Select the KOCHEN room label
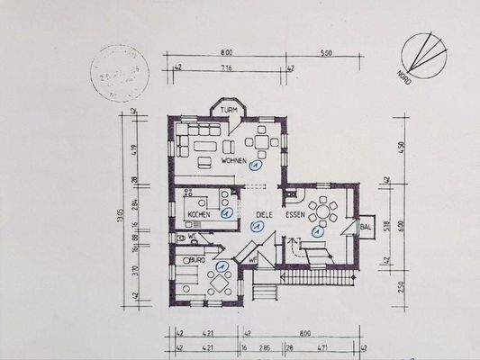click(200, 215)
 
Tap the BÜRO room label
click(194, 259)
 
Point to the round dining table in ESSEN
click(322, 212)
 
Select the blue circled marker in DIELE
click(256, 229)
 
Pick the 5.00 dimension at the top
click(324, 53)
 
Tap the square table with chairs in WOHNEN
click(262, 141)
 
